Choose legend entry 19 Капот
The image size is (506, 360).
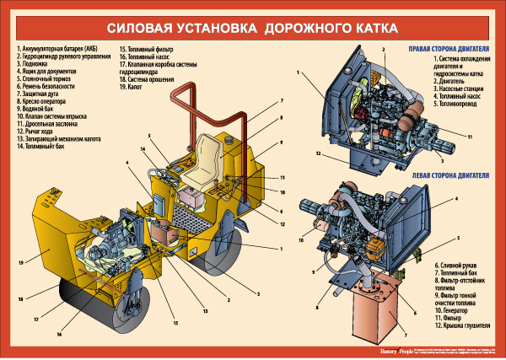coord(135,87)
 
